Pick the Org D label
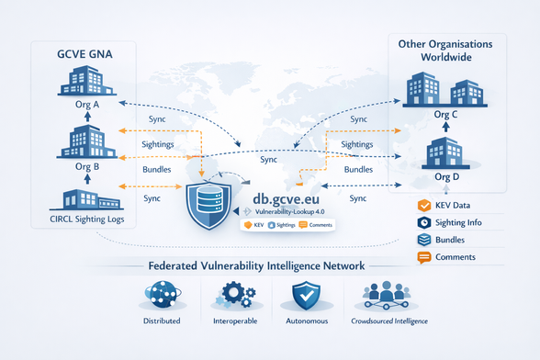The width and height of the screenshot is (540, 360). click(x=444, y=175)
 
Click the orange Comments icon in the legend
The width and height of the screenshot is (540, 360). click(x=424, y=258)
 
